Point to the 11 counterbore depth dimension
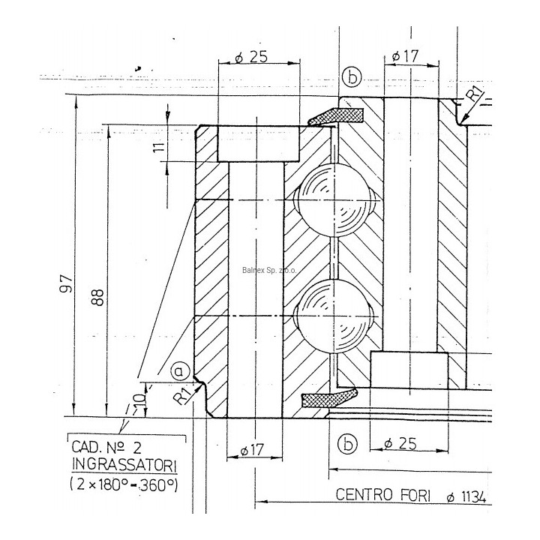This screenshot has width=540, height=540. point(157,147)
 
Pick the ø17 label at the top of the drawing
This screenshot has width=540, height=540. point(405,56)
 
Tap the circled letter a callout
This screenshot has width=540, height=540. point(178,370)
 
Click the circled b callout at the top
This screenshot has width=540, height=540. point(351,76)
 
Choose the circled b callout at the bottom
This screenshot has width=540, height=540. point(346,444)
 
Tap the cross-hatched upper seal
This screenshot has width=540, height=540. point(339,115)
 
